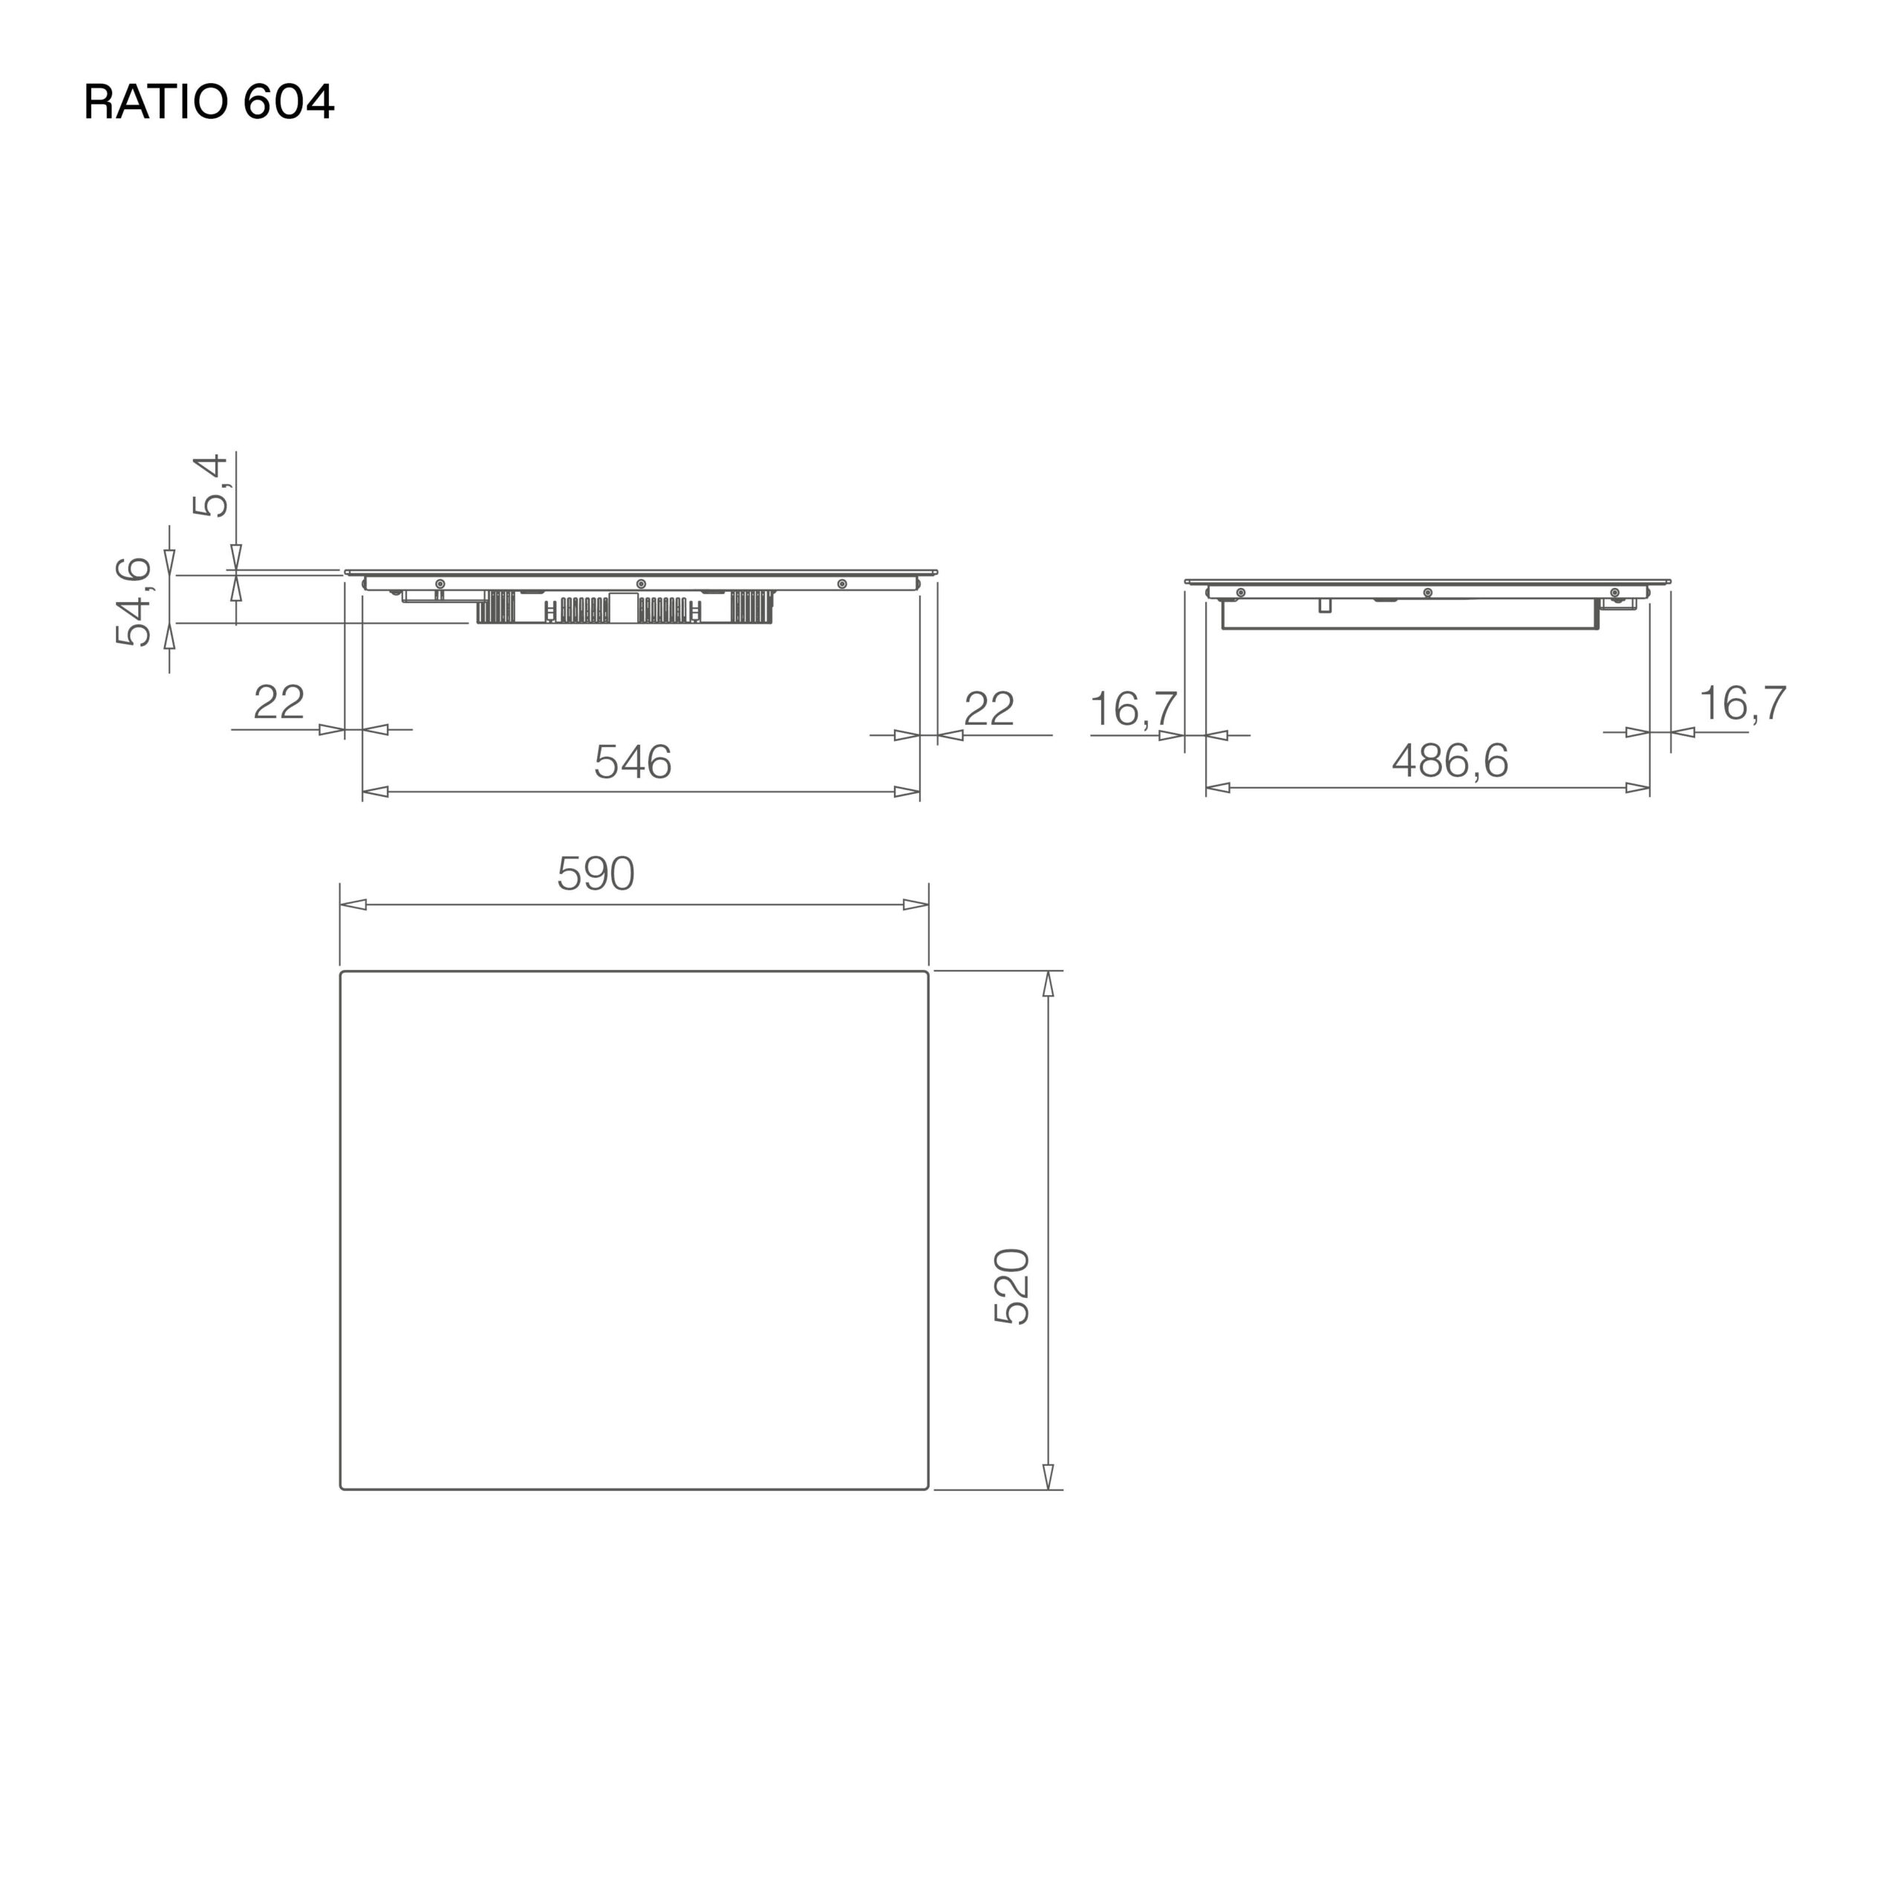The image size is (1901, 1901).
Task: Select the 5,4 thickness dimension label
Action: (x=211, y=486)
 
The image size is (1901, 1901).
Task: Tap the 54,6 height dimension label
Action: (x=134, y=601)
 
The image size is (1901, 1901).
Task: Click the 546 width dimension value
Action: (x=633, y=763)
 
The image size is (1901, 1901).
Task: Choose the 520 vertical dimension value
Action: (x=1011, y=1287)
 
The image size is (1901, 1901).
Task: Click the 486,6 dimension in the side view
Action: (x=1450, y=760)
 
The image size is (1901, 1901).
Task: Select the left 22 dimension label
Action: (x=278, y=702)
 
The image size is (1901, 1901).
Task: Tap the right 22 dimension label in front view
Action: (x=989, y=708)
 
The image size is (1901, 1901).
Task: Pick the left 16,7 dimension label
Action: (x=1133, y=709)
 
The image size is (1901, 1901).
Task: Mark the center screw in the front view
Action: (x=642, y=584)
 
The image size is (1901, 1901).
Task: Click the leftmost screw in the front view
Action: (x=440, y=584)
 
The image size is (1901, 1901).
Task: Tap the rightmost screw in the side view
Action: (x=1614, y=593)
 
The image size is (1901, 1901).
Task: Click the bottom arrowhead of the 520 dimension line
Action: (x=1048, y=1476)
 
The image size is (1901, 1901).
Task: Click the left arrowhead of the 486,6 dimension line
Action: (x=1218, y=787)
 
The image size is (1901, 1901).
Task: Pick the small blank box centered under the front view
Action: (x=623, y=607)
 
